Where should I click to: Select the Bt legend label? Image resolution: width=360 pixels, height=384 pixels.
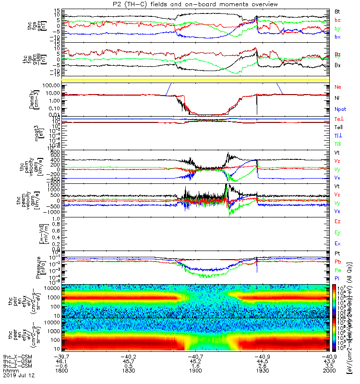[x=338, y=11]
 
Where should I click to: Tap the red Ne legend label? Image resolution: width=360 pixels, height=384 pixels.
[x=338, y=87]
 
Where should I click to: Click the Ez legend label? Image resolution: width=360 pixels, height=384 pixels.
[x=338, y=222]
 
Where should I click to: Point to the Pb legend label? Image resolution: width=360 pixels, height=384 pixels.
[x=338, y=262]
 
